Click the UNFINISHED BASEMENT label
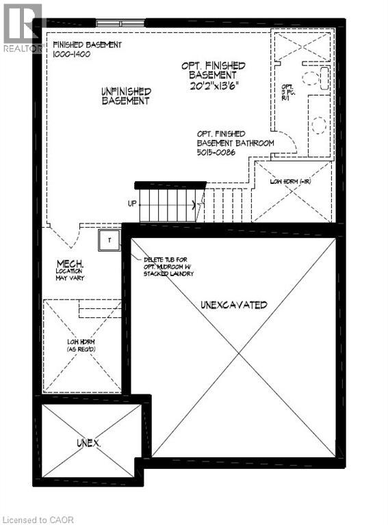tap(126, 96)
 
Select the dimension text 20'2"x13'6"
tap(213, 86)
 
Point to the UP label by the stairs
tap(132, 204)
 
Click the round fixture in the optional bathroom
tap(318, 124)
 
